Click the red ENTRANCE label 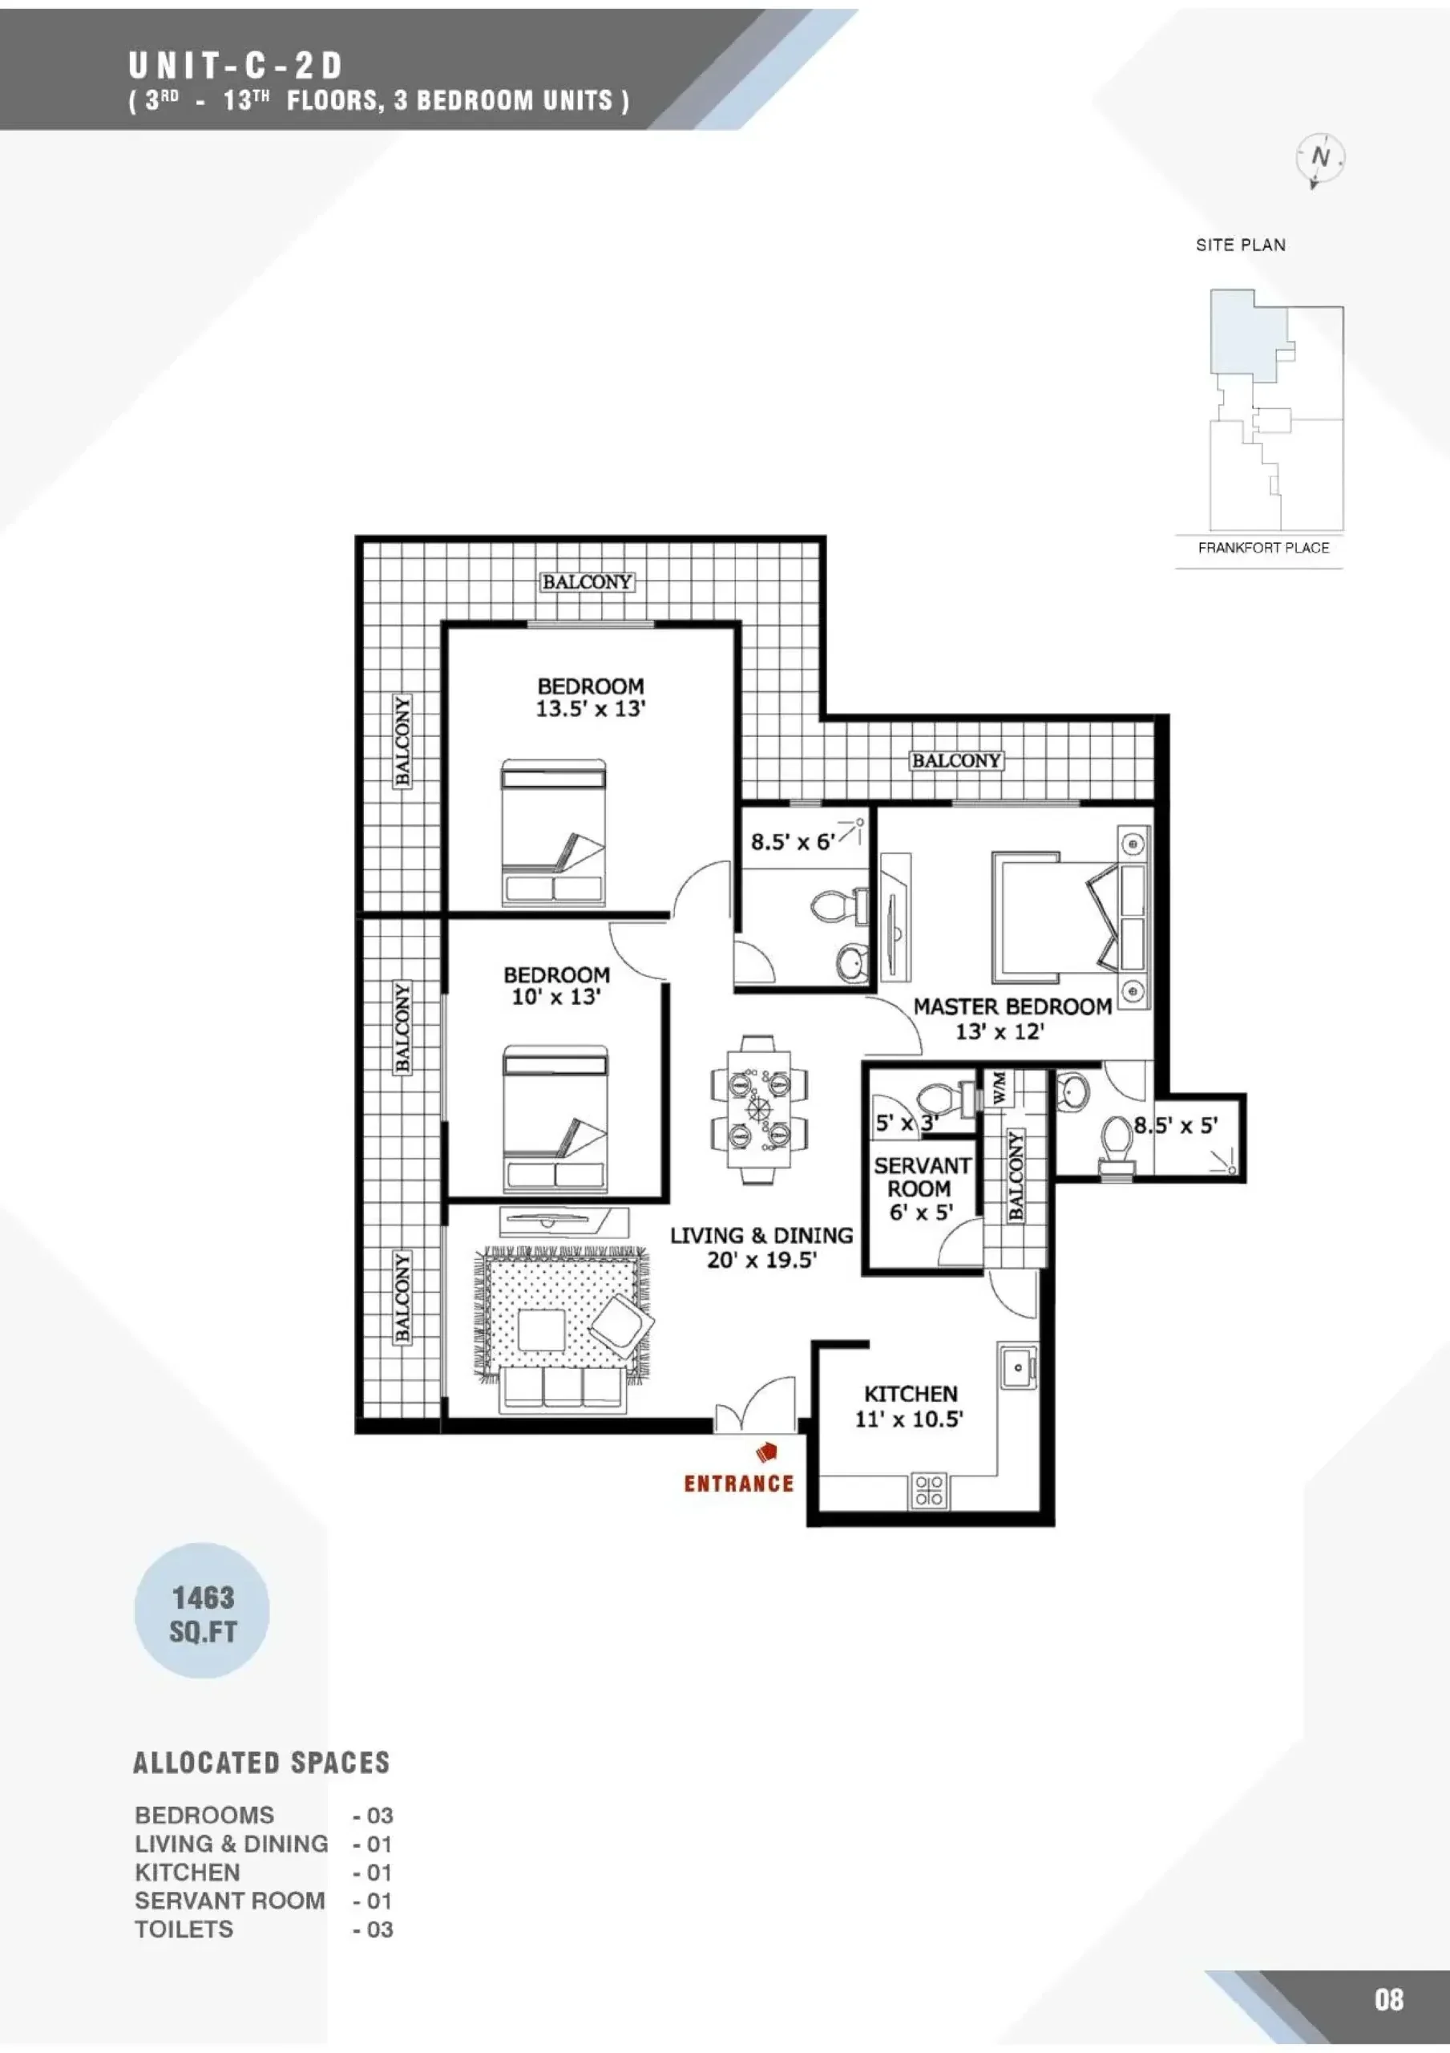tap(738, 1484)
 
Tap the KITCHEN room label tap(910, 1394)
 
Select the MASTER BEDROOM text tap(1012, 1006)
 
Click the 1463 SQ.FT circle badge tap(202, 1610)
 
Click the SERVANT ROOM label tap(922, 1177)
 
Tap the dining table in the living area tap(759, 1110)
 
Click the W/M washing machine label tap(1000, 1087)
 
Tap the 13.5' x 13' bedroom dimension tap(590, 709)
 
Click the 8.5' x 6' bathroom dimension tap(793, 841)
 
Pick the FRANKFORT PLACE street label tap(1263, 547)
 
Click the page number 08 tap(1389, 1999)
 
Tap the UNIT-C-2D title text tap(235, 67)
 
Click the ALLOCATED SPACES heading tap(262, 1763)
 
